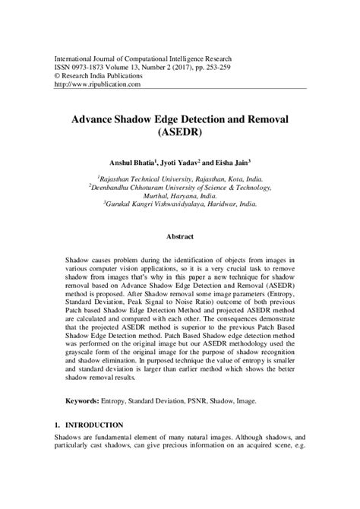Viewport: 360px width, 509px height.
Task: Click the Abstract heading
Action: [180, 237]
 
